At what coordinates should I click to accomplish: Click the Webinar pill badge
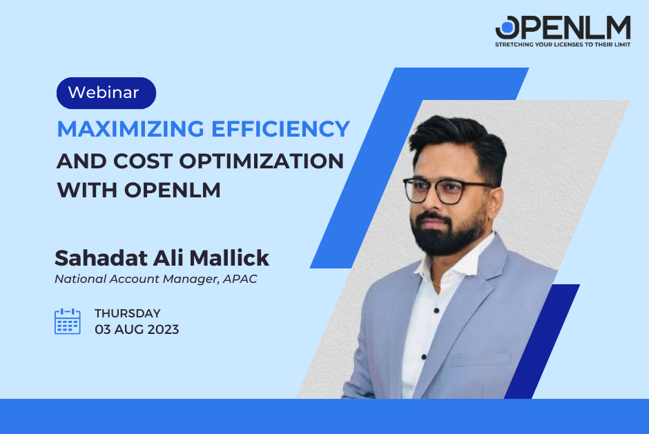(x=106, y=93)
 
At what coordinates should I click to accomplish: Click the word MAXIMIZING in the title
(x=130, y=129)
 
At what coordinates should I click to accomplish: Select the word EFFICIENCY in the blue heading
(x=281, y=129)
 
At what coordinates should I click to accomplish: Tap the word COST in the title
(x=143, y=161)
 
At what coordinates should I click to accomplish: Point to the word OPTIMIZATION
(x=262, y=161)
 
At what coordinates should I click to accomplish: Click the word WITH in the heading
(x=87, y=190)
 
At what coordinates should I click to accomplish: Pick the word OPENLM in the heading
(x=173, y=190)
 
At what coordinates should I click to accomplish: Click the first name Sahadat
(x=101, y=258)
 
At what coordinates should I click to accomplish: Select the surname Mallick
(x=229, y=258)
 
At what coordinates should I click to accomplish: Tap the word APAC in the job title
(x=240, y=279)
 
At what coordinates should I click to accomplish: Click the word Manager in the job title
(x=191, y=279)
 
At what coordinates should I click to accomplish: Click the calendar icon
(x=68, y=321)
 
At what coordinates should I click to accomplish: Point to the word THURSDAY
(x=128, y=313)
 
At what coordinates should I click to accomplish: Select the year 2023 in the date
(x=163, y=329)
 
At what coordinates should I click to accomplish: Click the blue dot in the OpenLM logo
(x=507, y=28)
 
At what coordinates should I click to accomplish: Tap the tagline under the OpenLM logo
(x=563, y=44)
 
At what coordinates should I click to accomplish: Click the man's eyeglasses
(x=448, y=190)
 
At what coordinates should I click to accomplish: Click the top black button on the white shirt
(x=436, y=310)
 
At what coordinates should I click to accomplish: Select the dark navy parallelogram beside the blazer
(x=542, y=342)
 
